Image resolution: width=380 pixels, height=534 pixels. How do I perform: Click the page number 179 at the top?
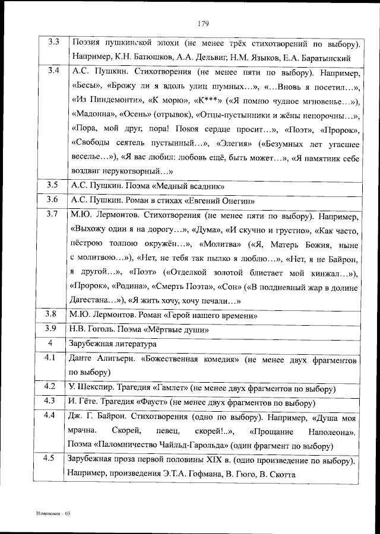(x=202, y=24)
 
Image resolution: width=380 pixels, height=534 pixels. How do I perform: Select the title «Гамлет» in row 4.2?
(x=170, y=388)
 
